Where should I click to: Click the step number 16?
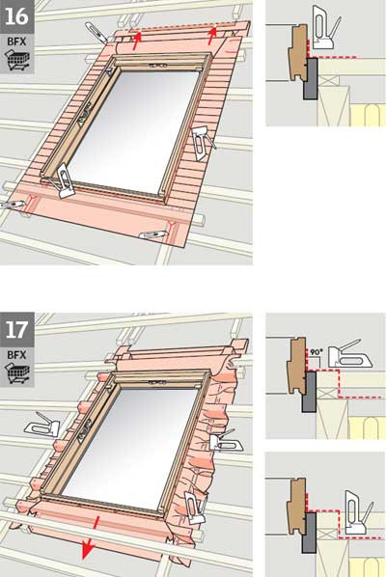(16, 16)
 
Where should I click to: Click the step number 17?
(16, 330)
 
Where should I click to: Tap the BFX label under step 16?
(17, 41)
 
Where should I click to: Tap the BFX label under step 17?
(17, 355)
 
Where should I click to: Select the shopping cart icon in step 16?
(17, 61)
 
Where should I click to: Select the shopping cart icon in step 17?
(17, 373)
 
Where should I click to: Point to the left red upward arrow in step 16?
(136, 41)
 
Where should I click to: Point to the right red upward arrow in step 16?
(212, 36)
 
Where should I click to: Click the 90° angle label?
(316, 352)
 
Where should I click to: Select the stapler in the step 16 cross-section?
(325, 27)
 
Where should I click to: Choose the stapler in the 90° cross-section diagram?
(349, 355)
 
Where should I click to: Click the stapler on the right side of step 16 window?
(203, 143)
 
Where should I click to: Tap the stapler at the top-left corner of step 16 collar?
(96, 32)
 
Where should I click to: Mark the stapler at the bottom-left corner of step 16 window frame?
(62, 180)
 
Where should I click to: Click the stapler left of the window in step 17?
(42, 425)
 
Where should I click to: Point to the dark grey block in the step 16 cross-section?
(310, 78)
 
